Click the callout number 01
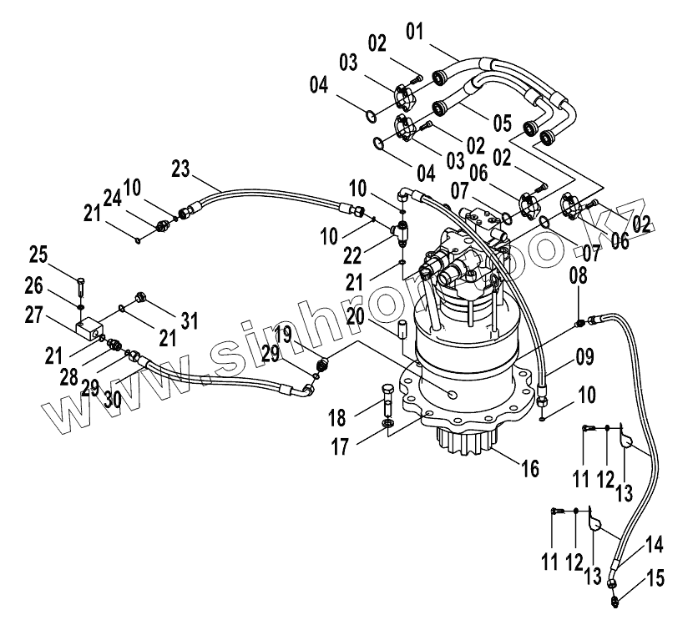click(x=414, y=32)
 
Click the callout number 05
click(x=503, y=123)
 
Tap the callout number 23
click(x=180, y=169)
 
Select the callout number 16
click(x=529, y=468)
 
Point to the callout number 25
click(x=38, y=255)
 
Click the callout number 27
click(x=33, y=315)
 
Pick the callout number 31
click(x=190, y=320)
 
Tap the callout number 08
click(x=579, y=275)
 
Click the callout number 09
click(x=584, y=357)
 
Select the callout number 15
click(x=656, y=578)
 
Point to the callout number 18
click(x=337, y=418)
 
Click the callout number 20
click(x=355, y=317)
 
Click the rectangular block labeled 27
click(x=89, y=327)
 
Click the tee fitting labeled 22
click(x=401, y=232)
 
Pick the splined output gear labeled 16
click(x=464, y=440)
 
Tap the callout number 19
click(x=283, y=335)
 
